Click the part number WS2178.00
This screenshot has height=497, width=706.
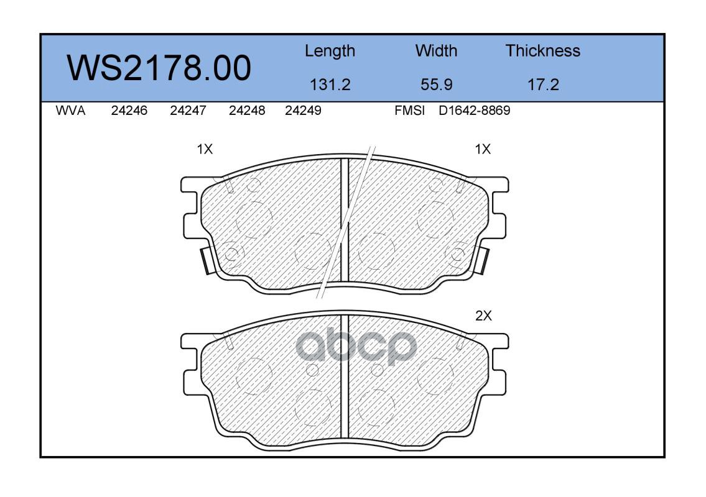(x=159, y=68)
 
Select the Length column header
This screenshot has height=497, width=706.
(x=330, y=52)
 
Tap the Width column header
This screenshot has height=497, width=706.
(x=436, y=51)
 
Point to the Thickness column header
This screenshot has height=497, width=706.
(x=542, y=51)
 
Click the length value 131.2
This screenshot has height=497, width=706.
(x=330, y=84)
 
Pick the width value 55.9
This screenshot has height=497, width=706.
(x=436, y=84)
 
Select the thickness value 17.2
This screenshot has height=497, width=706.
(x=543, y=84)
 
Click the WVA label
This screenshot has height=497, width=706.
(x=70, y=111)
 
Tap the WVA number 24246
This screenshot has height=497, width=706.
(x=129, y=111)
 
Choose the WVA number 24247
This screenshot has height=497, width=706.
(x=188, y=111)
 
